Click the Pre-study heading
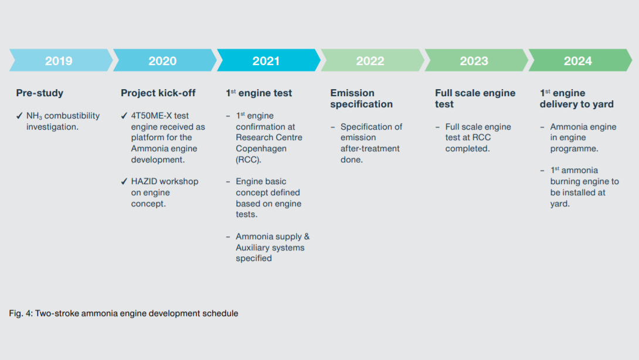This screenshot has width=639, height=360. (39, 93)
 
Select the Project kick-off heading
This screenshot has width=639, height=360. (158, 93)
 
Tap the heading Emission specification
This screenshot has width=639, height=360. (362, 99)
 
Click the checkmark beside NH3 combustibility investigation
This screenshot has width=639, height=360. (19, 116)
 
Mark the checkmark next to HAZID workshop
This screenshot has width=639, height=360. (124, 181)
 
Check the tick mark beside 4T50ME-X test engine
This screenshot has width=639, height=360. (124, 116)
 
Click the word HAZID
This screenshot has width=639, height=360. (144, 181)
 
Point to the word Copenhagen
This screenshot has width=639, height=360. (261, 148)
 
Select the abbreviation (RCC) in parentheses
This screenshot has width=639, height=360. (248, 160)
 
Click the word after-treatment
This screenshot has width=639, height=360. (370, 148)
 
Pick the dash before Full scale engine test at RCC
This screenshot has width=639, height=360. (438, 127)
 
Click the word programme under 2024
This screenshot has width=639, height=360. (574, 149)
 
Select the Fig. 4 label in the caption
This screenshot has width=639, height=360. (21, 314)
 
